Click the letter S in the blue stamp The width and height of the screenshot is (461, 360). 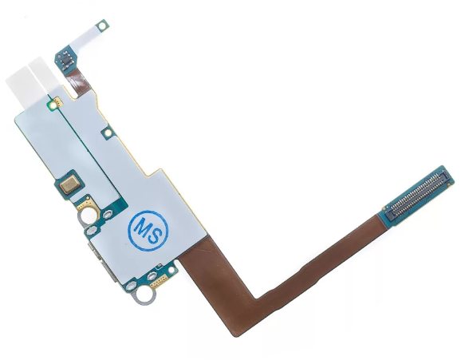pyautogui.click(x=156, y=235)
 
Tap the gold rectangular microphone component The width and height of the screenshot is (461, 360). pyautogui.click(x=69, y=184)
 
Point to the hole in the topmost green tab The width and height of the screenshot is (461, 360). pyautogui.click(x=103, y=26)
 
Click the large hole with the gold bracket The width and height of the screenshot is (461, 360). pyautogui.click(x=89, y=216)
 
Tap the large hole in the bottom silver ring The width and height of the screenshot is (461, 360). pyautogui.click(x=145, y=293)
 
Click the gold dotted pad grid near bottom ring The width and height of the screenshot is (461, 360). pyautogui.click(x=159, y=283)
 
